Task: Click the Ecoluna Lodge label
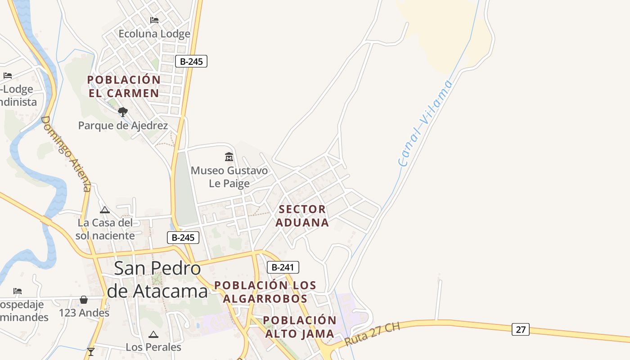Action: [154, 34]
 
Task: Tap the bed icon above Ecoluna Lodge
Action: [154, 20]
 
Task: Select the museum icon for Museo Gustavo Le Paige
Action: [229, 157]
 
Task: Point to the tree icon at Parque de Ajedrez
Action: [122, 112]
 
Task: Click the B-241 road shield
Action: [283, 267]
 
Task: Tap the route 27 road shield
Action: [520, 329]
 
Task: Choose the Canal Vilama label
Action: [425, 123]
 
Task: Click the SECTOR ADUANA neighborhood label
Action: [302, 216]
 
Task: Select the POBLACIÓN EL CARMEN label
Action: [124, 86]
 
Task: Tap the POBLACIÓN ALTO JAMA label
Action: [300, 327]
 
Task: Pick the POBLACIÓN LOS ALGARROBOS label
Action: [265, 292]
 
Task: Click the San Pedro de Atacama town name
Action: [157, 279]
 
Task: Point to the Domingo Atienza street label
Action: [66, 153]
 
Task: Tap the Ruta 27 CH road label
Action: [372, 333]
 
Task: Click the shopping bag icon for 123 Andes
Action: [84, 300]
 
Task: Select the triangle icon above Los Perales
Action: [153, 334]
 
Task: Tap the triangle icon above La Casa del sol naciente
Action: [105, 210]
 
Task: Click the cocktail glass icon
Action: [91, 352]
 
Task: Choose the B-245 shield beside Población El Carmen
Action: [191, 62]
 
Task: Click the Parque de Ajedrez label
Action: [123, 126]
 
